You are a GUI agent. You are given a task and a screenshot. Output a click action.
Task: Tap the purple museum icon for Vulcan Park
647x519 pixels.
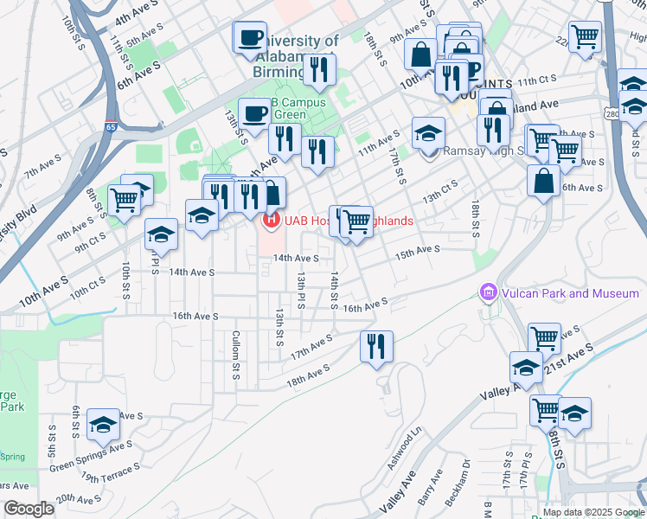coord(489,294)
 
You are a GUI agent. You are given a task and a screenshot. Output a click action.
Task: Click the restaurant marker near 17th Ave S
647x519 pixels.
coord(376,347)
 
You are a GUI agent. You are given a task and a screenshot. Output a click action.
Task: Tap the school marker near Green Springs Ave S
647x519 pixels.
coord(103,425)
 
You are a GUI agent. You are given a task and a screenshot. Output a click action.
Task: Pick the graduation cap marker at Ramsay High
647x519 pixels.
coord(428,134)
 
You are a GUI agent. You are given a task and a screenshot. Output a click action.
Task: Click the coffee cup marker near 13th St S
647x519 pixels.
coord(255,113)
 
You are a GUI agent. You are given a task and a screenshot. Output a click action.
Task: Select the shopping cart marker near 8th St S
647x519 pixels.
coord(124,200)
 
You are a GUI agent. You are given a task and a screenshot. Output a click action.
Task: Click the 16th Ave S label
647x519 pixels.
coord(364,306)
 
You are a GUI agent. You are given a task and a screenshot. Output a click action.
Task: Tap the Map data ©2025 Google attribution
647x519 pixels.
coord(592,511)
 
